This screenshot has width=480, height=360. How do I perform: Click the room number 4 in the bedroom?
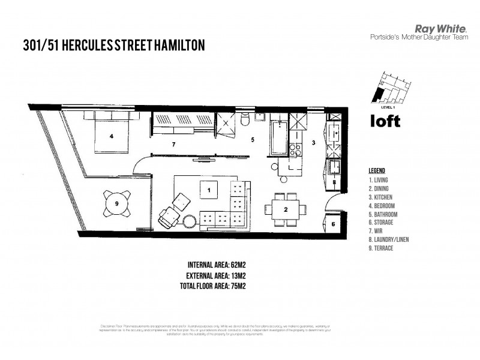[110, 136]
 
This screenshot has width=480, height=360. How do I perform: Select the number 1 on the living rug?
[209, 190]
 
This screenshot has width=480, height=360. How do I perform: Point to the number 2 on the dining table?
[286, 209]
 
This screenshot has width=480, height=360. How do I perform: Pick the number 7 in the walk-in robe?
[173, 145]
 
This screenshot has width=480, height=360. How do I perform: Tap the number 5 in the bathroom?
[253, 140]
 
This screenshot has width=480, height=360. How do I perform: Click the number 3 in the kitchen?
[313, 143]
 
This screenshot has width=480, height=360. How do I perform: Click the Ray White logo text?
[435, 28]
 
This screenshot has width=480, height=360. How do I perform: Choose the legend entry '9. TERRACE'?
[382, 248]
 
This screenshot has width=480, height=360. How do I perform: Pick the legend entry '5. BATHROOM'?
[383, 214]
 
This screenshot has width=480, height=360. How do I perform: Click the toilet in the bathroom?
[244, 122]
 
